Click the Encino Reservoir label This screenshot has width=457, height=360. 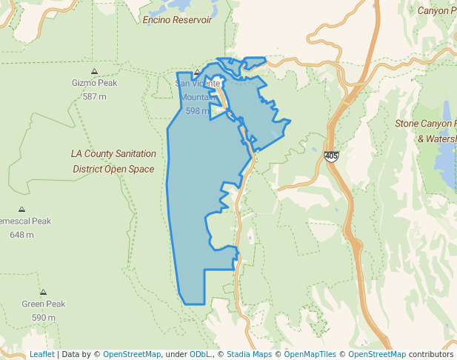[x=177, y=20]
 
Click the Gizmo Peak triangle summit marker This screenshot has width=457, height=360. [x=94, y=71]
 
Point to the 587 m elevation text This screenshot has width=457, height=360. [x=94, y=96]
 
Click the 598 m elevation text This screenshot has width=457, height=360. [x=198, y=110]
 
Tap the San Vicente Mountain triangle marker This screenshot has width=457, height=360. [x=196, y=73]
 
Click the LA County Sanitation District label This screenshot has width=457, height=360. [x=113, y=161]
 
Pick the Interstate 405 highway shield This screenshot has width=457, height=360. [x=331, y=156]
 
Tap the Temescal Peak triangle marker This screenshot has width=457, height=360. [x=21, y=210]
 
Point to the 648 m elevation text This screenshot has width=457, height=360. [x=21, y=235]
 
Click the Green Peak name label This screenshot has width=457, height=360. [x=44, y=304]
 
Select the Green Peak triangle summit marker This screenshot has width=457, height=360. [x=44, y=293]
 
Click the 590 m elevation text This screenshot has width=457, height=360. [x=44, y=318]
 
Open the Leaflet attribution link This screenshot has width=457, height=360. [x=41, y=354]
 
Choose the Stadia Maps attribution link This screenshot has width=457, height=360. [x=249, y=354]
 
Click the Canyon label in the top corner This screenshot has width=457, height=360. [x=436, y=10]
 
